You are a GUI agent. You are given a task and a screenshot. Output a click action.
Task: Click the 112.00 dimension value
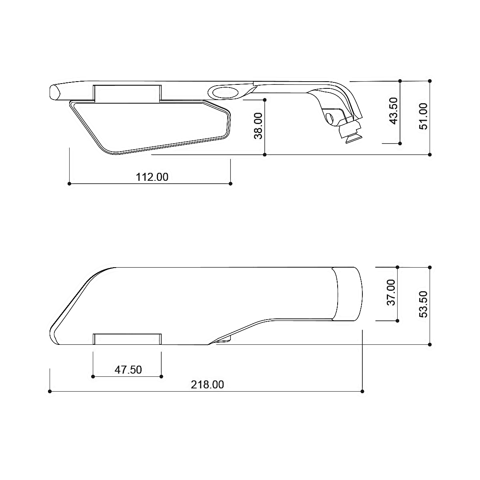coord(152,177)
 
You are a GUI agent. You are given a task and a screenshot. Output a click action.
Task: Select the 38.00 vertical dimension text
coord(259,126)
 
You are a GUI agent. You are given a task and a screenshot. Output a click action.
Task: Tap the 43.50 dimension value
coord(393,111)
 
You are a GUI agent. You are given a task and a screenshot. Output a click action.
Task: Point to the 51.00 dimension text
coord(423,116)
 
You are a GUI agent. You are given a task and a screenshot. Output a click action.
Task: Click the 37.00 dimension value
coord(391,292)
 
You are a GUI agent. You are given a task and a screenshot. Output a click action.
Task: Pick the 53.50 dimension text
coord(423,304)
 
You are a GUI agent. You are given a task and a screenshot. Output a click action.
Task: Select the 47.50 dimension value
coord(128,370)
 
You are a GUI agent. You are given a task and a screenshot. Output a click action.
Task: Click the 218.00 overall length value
coord(207,385)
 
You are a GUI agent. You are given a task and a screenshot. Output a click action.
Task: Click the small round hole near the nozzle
coord(330,118)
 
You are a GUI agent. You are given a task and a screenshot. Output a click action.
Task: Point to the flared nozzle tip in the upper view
coord(350,135)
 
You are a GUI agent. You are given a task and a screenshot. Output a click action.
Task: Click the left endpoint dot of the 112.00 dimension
coord(70,184)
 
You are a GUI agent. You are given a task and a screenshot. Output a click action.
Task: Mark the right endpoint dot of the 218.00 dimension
coord(362,391)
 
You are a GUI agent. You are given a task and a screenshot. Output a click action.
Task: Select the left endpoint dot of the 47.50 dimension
coord(93,376)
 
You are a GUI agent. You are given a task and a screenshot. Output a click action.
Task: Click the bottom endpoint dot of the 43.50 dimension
coord(400,143)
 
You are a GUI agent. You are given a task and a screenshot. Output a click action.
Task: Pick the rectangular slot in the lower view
coord(127,338)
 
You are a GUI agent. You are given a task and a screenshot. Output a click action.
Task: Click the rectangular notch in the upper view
coord(127,92)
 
